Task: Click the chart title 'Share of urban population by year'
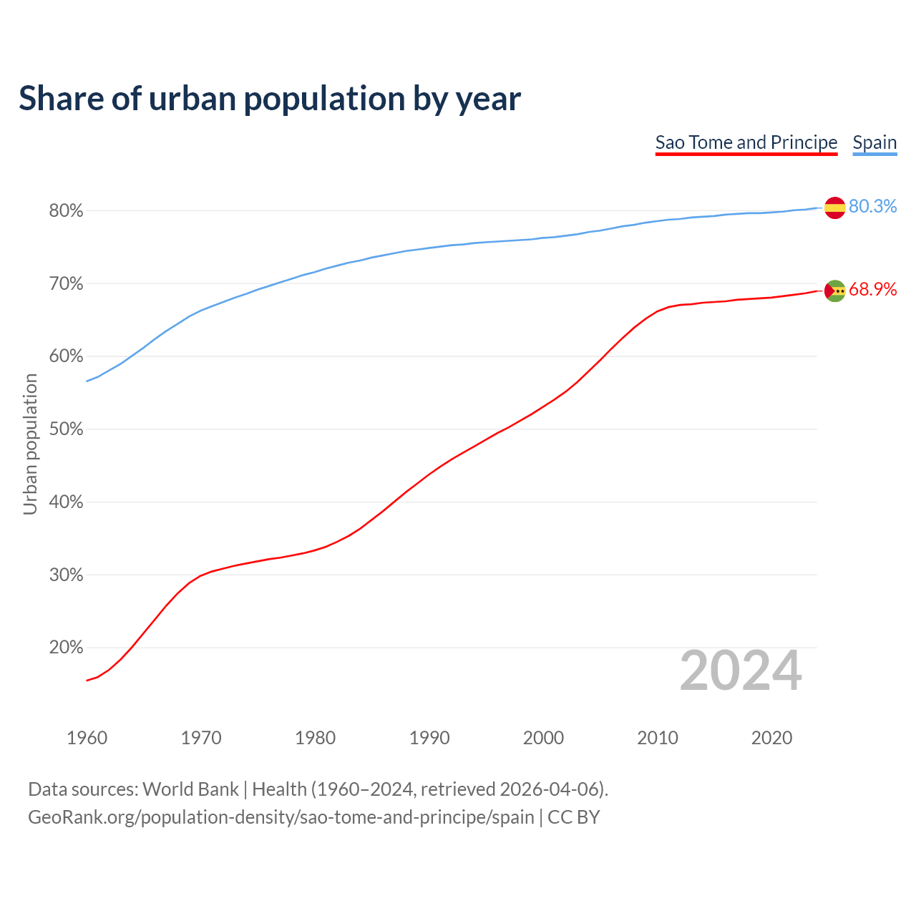(270, 99)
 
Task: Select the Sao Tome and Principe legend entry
(746, 142)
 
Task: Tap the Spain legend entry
(874, 142)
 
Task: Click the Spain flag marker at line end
(834, 208)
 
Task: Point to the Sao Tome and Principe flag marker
(834, 291)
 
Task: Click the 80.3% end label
(872, 207)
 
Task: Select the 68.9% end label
(872, 290)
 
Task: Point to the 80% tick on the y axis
(66, 211)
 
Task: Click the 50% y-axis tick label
(66, 429)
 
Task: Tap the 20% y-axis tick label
(66, 648)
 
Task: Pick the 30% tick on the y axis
(66, 575)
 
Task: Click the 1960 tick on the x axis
(87, 738)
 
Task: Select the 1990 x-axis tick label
(429, 738)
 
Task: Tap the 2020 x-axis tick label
(771, 738)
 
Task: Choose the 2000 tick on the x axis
(543, 738)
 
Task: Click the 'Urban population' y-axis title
(30, 444)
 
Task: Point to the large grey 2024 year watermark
(741, 671)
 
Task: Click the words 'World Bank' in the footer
(190, 789)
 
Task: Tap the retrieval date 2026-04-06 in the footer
(548, 789)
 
